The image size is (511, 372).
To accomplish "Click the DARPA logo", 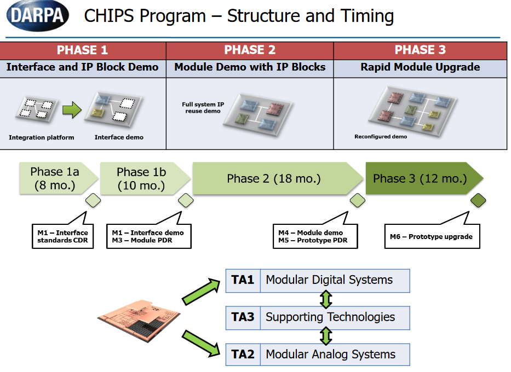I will click(38, 16).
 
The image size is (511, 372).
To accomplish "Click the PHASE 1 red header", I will click(83, 50).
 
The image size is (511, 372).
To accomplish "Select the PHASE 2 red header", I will click(250, 50).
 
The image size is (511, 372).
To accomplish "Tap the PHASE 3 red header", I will click(420, 50).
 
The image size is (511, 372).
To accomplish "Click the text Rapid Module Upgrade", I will click(420, 68).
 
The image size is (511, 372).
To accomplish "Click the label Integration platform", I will click(41, 137).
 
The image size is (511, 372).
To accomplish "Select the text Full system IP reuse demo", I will click(202, 107).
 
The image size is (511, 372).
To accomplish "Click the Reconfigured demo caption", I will click(381, 137).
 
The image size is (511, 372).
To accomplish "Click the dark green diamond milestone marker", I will click(479, 200).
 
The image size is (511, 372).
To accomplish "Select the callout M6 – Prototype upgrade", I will click(432, 237).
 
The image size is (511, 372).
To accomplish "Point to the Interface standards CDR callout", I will click(62, 236).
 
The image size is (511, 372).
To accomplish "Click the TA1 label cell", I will click(243, 280).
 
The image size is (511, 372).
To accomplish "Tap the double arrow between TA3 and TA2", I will click(326, 335).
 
